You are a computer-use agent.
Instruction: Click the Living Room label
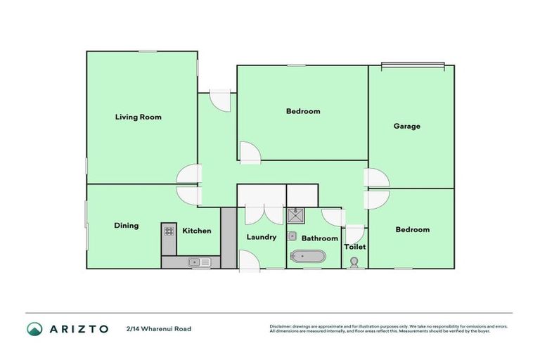point(138,117)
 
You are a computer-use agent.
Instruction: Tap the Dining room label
point(127,226)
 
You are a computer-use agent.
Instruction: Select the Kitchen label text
point(197,231)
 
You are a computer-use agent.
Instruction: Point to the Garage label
point(406,127)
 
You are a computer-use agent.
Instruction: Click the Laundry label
point(261,237)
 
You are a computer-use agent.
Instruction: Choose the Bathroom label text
point(321,238)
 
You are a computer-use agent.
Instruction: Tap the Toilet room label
point(354,247)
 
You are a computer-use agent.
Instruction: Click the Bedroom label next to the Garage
point(303,111)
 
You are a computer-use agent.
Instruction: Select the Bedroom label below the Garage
point(412,229)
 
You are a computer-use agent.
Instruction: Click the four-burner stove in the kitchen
point(169,230)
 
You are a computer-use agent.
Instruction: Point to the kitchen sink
point(199,262)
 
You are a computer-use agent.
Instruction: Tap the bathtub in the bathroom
point(307,257)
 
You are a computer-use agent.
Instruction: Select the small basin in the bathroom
point(294,236)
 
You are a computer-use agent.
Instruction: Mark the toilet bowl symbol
point(354,262)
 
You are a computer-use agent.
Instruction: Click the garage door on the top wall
point(413,66)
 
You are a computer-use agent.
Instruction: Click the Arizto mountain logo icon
point(34,328)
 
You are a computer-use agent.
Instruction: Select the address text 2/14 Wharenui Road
point(158,328)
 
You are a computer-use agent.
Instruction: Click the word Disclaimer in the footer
point(281,326)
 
